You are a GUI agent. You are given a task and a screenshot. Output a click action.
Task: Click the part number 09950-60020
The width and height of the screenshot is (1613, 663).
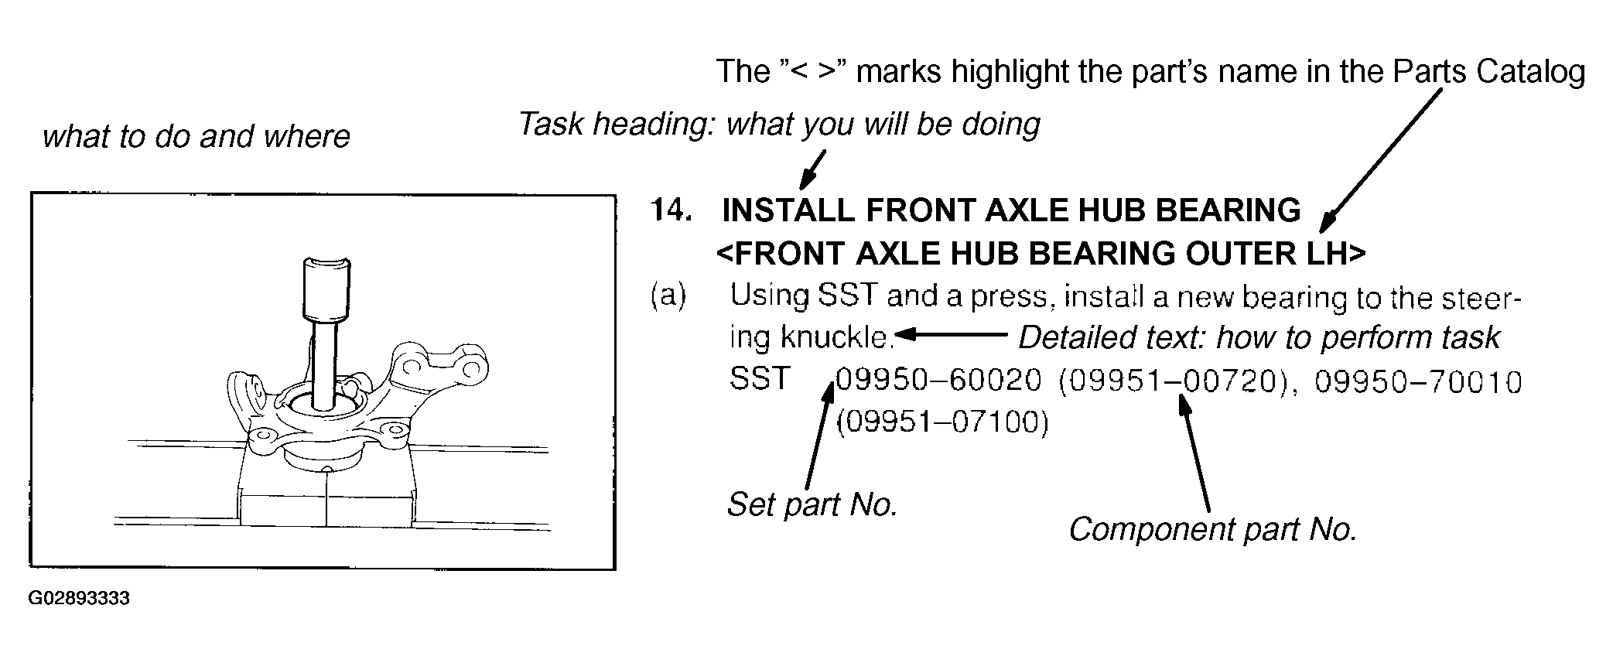(x=939, y=381)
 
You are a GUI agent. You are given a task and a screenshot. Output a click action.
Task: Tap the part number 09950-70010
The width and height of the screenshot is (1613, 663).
(x=1419, y=381)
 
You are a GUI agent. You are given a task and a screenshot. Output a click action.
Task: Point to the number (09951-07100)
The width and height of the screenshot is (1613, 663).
(x=942, y=422)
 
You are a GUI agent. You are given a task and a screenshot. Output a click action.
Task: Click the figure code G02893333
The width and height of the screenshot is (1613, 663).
(x=79, y=599)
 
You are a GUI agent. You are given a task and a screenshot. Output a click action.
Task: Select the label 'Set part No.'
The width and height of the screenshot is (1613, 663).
(x=812, y=504)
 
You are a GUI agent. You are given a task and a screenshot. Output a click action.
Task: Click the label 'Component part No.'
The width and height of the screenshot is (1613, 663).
(x=1213, y=530)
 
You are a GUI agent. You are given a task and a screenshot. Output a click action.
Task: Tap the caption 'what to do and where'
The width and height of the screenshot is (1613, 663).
(x=196, y=137)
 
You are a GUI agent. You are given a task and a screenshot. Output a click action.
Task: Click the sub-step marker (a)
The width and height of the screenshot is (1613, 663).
(x=668, y=296)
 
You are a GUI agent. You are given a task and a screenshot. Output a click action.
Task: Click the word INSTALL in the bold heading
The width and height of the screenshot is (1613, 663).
(x=788, y=210)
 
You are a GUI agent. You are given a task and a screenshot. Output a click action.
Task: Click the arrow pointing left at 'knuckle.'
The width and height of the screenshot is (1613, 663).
(x=951, y=335)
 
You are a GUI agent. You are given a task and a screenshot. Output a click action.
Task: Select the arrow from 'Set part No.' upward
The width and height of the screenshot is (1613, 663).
(x=818, y=436)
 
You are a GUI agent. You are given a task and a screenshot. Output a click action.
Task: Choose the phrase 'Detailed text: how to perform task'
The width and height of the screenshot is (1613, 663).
(x=1259, y=338)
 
